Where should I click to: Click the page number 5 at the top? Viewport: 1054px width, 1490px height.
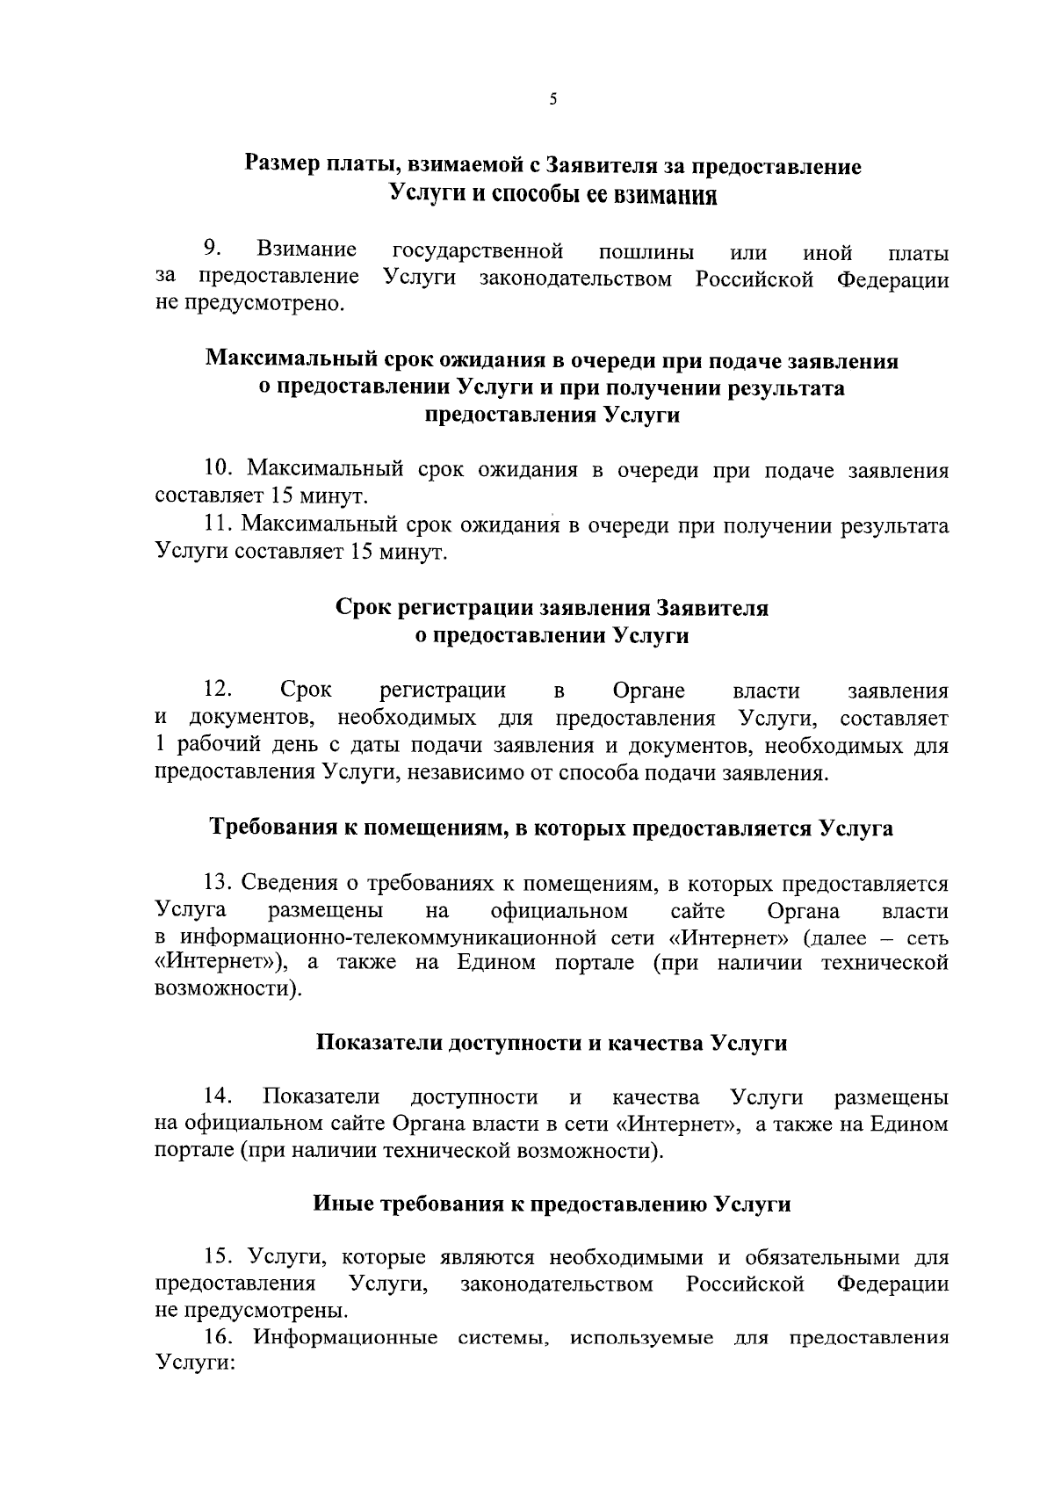coord(552,100)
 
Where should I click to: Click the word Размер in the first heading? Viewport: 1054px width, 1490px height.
coord(280,165)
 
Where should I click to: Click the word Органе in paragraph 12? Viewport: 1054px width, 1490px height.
coord(649,691)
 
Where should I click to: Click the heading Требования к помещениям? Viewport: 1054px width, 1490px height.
coord(552,828)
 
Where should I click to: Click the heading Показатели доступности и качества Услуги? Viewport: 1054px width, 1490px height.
coord(552,1043)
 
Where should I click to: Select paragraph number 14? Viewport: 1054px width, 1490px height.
coord(218,1096)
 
